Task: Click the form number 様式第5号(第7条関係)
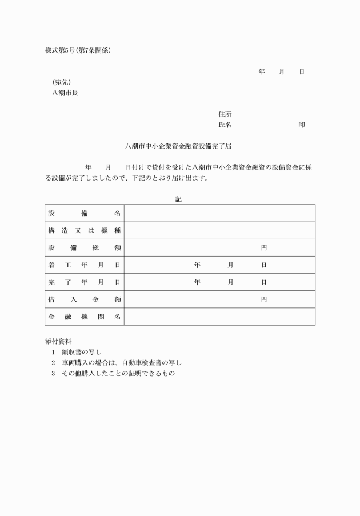(78, 50)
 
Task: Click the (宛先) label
(62, 82)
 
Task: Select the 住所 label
(225, 114)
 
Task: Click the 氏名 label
(225, 125)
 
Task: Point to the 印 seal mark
(301, 125)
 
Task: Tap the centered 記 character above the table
(179, 199)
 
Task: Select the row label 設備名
(85, 213)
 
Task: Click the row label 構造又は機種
(85, 230)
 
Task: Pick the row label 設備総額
(85, 247)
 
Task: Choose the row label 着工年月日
(85, 265)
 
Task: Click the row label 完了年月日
(85, 282)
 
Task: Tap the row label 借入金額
(85, 299)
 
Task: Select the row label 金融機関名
(85, 317)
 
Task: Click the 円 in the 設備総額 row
(264, 247)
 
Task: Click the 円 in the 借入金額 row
(264, 299)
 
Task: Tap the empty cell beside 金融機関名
(219, 317)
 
